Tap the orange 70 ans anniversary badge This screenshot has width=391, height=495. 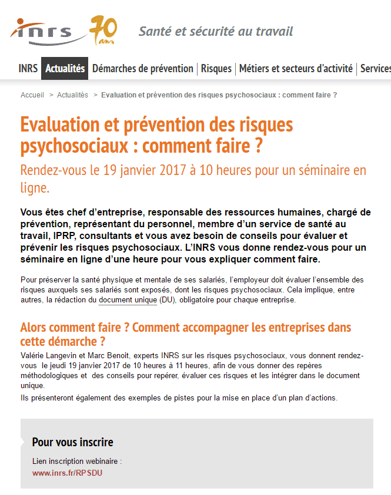coord(104,30)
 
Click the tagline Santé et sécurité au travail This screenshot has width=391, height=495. coord(215,31)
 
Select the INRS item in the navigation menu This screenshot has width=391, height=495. coord(28,69)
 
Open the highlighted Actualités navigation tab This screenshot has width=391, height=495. coord(65,69)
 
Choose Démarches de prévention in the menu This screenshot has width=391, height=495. coord(142,69)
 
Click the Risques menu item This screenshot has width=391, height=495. coord(216,69)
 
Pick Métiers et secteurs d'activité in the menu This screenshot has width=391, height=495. coord(296,69)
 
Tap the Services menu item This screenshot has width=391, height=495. coord(375,69)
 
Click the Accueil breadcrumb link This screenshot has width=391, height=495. coord(32,95)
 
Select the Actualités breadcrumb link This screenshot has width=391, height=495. coord(72,95)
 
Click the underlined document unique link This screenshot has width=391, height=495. coord(128,300)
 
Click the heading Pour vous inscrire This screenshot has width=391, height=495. coord(72,442)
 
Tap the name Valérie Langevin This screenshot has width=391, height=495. coord(49,356)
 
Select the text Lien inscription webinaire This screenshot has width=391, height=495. coord(76,462)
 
